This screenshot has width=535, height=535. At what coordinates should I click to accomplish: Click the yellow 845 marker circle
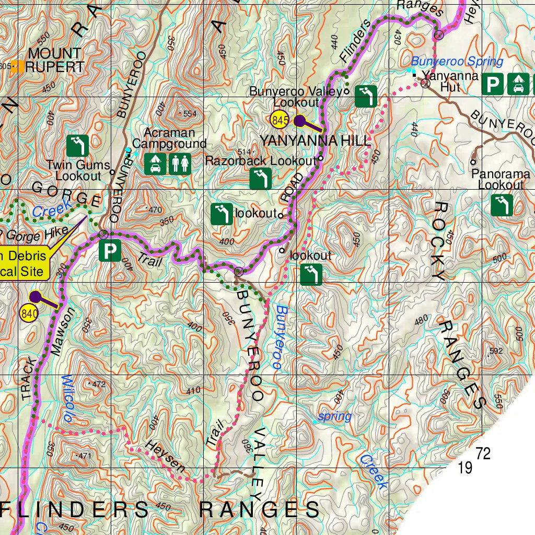pos(280,121)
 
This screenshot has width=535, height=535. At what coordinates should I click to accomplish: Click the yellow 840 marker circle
pos(29,313)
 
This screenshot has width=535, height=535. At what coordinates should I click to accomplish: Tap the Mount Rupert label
pos(55,60)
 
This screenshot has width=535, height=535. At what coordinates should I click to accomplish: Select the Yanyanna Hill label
pos(315,140)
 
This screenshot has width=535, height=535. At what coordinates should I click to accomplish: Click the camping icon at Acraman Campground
pos(155,164)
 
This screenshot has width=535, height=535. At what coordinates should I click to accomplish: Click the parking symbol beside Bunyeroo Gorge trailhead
pos(110,251)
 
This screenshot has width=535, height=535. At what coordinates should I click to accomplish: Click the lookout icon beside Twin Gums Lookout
pos(78,146)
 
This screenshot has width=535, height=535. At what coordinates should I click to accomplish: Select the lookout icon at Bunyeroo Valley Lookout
pos(366,97)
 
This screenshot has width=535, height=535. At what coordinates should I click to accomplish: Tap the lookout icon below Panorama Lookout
pos(502,205)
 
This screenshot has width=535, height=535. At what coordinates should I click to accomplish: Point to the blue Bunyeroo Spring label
pos(457,62)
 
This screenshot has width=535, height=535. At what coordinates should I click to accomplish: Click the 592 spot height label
pos(496,351)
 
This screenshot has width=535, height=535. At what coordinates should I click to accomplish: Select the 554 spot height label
pos(189,114)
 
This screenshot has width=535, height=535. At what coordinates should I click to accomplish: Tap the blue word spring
pos(335,416)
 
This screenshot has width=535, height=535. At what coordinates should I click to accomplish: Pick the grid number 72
pos(483,453)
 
